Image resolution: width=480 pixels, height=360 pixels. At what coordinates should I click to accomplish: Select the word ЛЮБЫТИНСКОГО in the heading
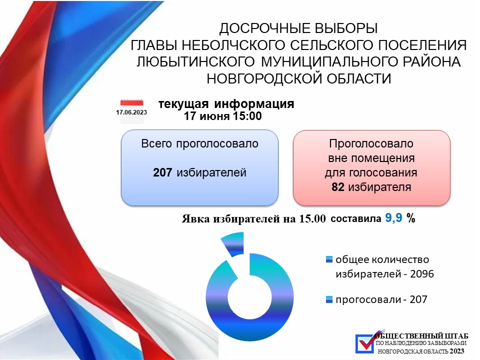click(x=195, y=61)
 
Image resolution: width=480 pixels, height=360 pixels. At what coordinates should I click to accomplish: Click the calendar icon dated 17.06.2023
click(x=131, y=111)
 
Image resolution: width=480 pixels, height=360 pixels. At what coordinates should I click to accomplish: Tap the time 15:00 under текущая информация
click(x=247, y=116)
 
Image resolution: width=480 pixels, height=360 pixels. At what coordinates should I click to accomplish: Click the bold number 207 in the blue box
click(x=162, y=172)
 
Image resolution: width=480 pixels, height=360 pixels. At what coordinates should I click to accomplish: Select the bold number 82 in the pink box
click(x=338, y=186)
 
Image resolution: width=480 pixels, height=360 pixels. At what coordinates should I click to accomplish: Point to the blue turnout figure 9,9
click(x=393, y=218)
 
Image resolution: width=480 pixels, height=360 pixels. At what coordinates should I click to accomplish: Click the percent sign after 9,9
click(x=411, y=218)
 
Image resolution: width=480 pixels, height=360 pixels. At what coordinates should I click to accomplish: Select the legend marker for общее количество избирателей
click(x=329, y=259)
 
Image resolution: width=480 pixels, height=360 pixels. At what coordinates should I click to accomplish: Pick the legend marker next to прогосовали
click(x=329, y=299)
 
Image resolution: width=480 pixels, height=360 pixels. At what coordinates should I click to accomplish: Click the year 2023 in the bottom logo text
click(x=456, y=351)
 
